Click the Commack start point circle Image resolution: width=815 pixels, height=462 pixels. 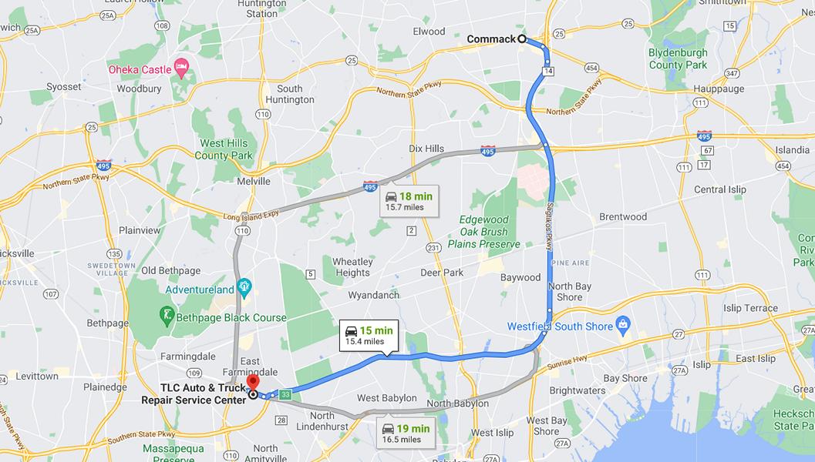click(x=522, y=38)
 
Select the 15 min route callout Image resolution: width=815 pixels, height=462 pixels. click(x=368, y=335)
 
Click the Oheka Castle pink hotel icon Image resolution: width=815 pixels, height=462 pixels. click(x=181, y=69)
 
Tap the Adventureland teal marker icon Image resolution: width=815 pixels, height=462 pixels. click(x=244, y=290)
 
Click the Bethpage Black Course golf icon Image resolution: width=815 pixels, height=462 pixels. click(x=167, y=316)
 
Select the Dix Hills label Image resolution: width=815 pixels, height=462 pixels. click(x=426, y=149)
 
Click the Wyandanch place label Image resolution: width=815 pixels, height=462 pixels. click(x=374, y=295)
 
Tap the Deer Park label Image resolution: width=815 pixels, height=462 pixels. click(x=442, y=273)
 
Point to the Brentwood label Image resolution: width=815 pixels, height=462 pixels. click(x=622, y=217)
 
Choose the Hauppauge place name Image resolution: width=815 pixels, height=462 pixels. click(x=719, y=89)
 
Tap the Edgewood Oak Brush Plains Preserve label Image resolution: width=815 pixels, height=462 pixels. click(x=484, y=232)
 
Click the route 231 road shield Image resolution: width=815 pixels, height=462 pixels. click(x=434, y=247)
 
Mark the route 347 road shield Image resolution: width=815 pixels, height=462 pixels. click(x=731, y=73)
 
